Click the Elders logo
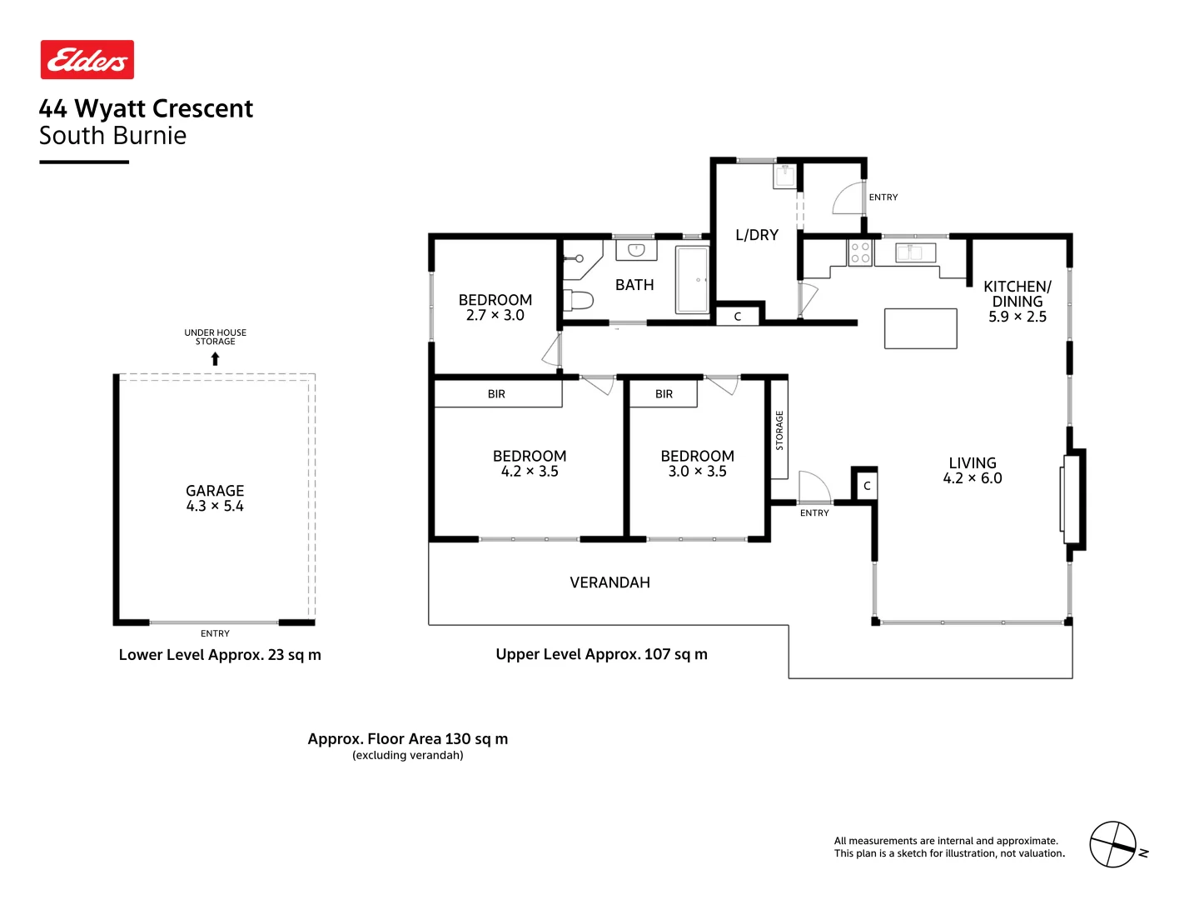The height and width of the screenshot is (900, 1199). point(87,60)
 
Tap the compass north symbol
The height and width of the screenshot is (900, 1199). point(1113,844)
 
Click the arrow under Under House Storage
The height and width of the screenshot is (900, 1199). point(215,359)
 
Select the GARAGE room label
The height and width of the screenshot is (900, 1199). point(215,491)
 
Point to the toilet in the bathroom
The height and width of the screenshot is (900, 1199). point(579,299)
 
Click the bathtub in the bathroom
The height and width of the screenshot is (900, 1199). point(692,279)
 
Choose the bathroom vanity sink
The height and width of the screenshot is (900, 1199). point(636,249)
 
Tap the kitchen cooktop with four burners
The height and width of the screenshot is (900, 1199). point(860,252)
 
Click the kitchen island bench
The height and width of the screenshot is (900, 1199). point(920,328)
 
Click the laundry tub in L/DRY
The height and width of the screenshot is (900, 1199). point(785,176)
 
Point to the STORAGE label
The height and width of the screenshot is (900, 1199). point(779,430)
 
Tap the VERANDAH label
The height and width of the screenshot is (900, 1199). point(609,582)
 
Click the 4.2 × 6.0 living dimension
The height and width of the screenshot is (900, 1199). point(972,478)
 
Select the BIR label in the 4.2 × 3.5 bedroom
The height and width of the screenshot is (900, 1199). point(496,394)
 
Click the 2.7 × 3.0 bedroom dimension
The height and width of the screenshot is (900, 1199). point(495,315)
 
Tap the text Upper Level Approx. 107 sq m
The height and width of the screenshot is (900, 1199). point(601,654)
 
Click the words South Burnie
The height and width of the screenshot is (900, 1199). point(112,136)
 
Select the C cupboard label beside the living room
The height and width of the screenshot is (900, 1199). point(867,486)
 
